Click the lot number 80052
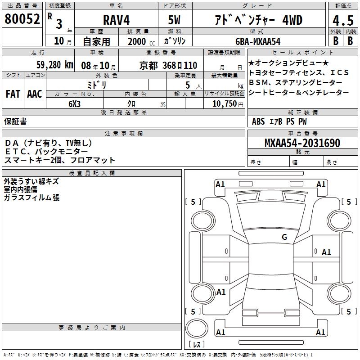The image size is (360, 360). (22, 19)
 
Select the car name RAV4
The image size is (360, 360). (117, 20)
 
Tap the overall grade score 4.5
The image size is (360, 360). (343, 20)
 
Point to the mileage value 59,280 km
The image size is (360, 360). (55, 65)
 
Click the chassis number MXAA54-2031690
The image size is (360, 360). (302, 143)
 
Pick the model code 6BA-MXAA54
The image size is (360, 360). (258, 41)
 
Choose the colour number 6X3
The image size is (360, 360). (75, 104)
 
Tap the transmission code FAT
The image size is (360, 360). (13, 94)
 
